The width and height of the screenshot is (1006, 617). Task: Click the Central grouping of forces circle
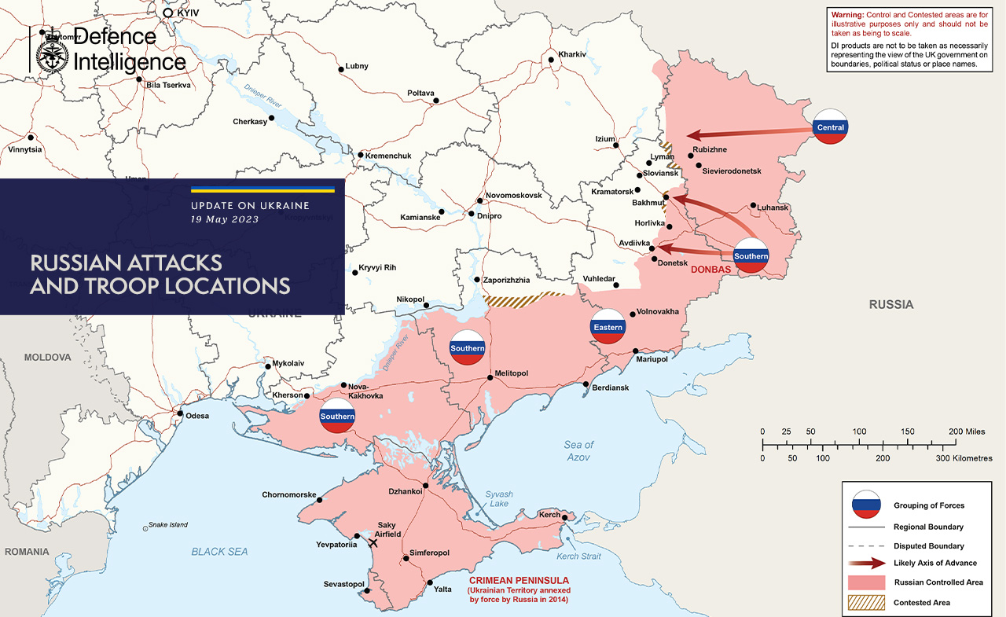point(831,127)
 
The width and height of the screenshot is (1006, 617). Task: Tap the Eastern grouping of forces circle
point(608,327)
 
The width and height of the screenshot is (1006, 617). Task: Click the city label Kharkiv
point(572,54)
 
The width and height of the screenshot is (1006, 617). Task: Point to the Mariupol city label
point(652,359)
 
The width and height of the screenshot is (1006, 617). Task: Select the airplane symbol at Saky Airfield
point(373,542)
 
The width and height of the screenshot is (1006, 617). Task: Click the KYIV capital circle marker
point(167,13)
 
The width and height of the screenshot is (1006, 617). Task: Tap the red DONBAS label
point(710,270)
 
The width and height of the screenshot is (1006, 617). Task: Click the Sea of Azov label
point(579,450)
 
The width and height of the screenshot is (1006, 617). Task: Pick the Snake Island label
point(168,525)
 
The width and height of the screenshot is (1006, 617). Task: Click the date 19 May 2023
point(225,219)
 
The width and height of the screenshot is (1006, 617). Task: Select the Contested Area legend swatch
point(867,603)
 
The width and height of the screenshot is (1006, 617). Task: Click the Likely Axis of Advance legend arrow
point(867,563)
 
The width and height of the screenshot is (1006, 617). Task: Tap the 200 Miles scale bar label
point(967,432)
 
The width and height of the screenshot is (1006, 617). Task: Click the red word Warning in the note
point(846,15)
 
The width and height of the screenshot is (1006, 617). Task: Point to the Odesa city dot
point(180,414)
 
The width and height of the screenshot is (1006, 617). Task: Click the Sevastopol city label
point(343,584)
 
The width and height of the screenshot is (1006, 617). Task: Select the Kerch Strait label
point(578,556)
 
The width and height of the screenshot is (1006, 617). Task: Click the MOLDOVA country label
point(47,357)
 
